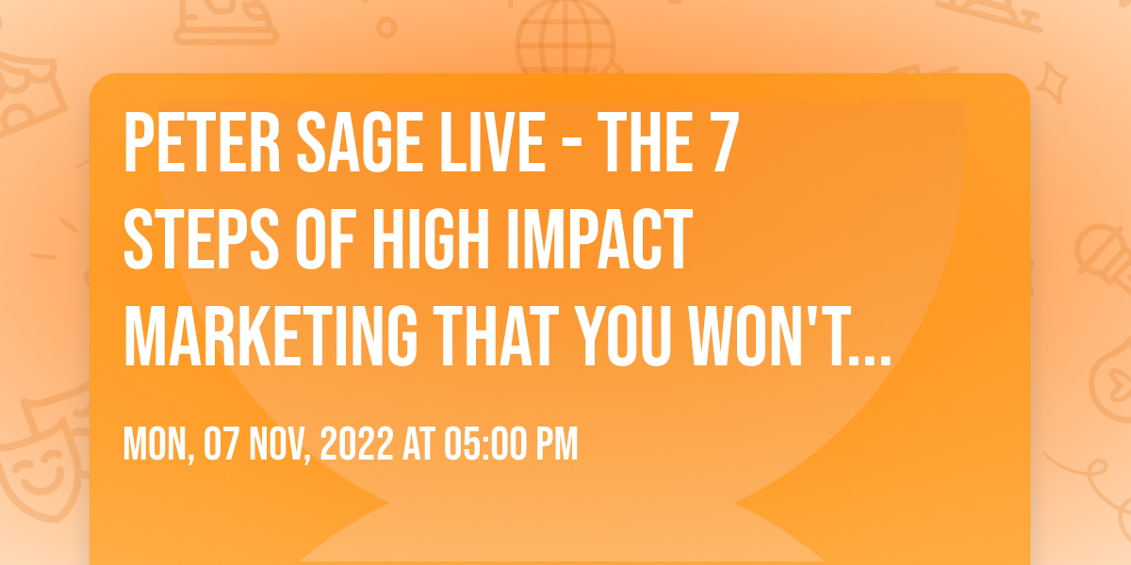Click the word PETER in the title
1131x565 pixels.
[x=202, y=143]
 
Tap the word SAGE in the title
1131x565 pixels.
[x=359, y=143]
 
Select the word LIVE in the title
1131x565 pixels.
[x=493, y=143]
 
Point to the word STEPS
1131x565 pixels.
[x=202, y=239]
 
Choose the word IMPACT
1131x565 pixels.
[x=599, y=239]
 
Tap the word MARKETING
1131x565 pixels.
[x=270, y=335]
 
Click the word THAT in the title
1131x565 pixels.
[x=497, y=335]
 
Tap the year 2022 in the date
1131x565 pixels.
[x=356, y=444]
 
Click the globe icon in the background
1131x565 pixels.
[x=566, y=38]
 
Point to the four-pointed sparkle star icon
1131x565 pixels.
[x=1052, y=83]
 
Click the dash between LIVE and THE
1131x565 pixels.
[x=572, y=145]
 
